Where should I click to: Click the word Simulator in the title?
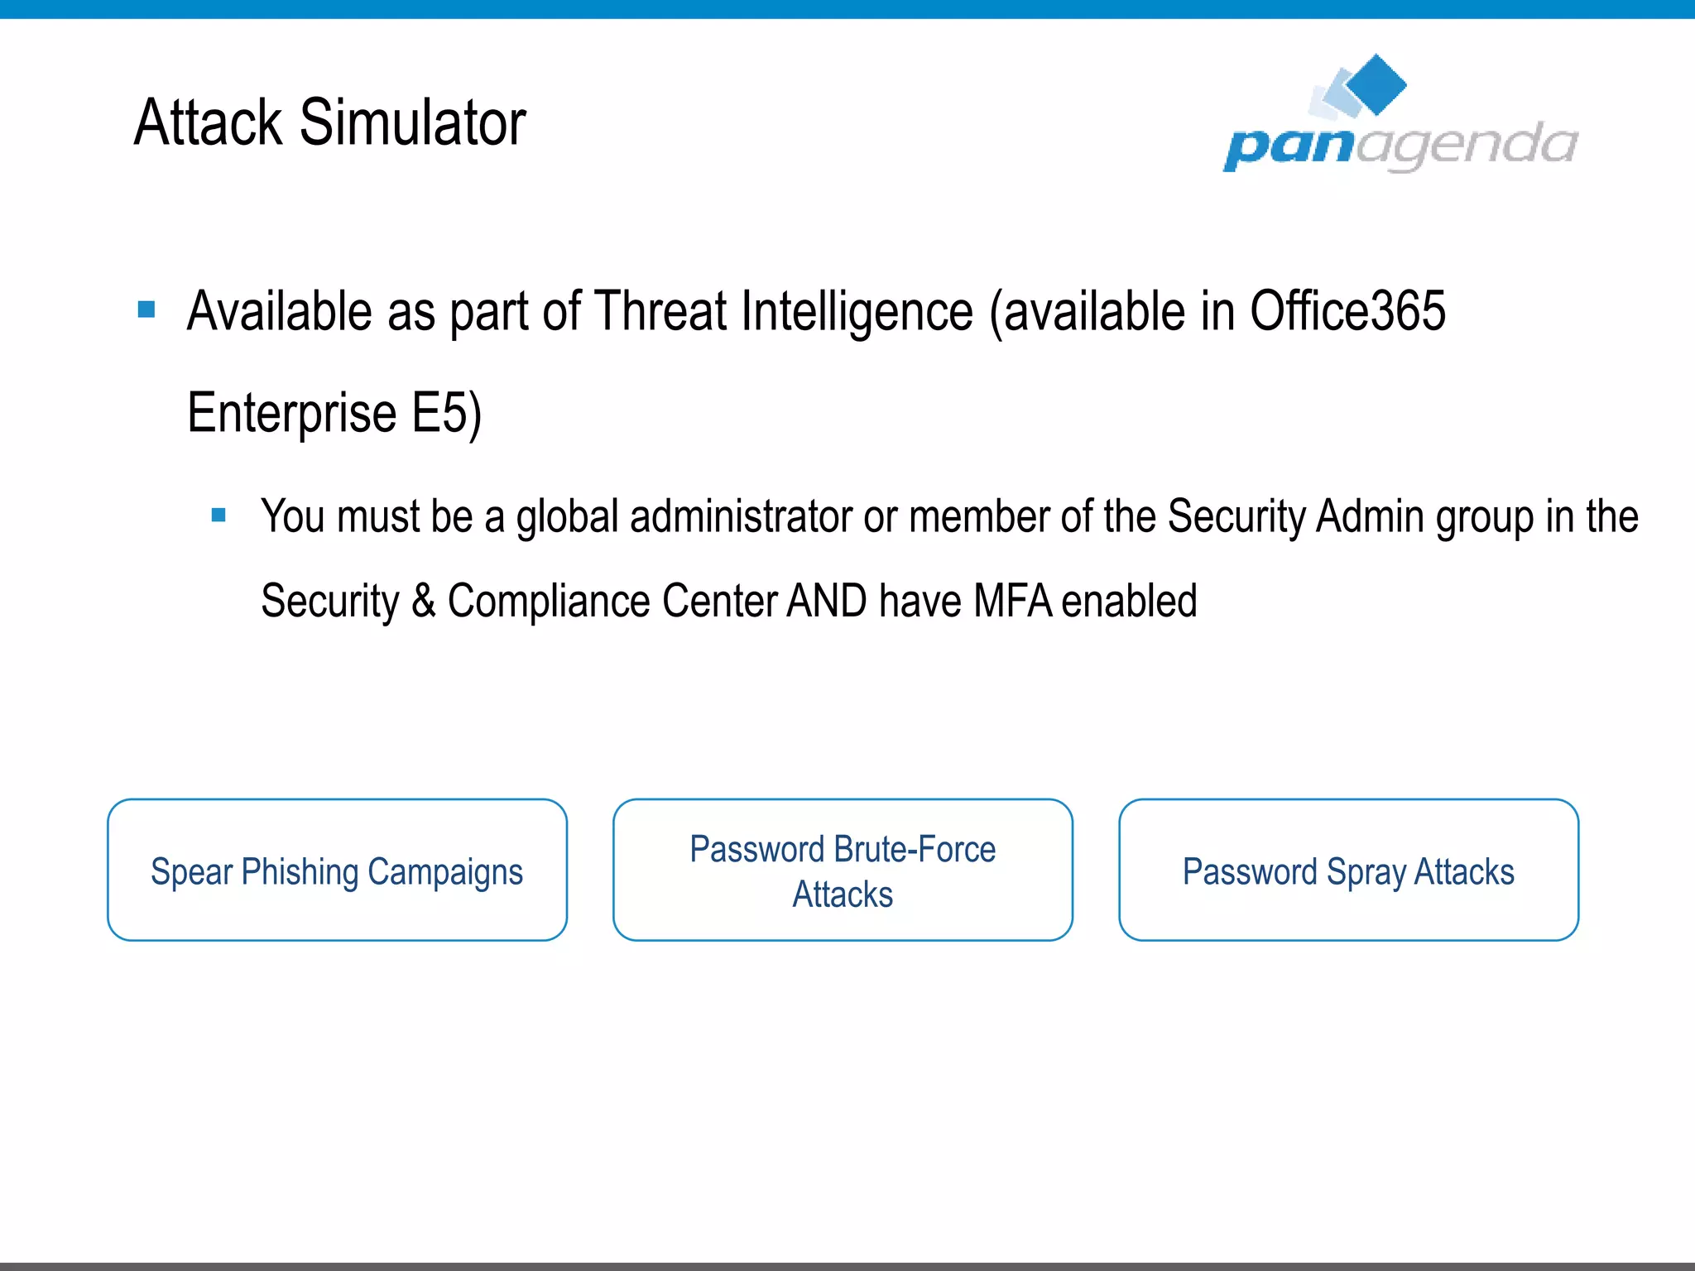412,122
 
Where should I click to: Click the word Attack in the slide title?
209,122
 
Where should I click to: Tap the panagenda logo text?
1400,146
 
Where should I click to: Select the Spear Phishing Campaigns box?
337,870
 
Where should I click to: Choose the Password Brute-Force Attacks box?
843,870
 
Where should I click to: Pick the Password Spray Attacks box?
1348,870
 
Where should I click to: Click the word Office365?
1347,311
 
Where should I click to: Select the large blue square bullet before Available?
146,309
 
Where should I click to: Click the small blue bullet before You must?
218,515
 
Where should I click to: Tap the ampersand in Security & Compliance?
424,601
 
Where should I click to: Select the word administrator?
741,516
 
